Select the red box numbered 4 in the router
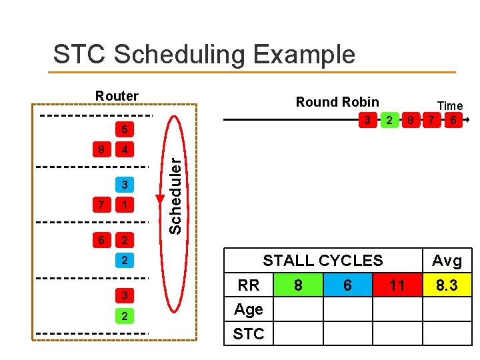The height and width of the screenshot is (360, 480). [x=125, y=149]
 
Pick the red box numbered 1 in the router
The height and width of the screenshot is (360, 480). [x=125, y=204]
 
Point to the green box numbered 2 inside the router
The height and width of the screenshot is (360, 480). [x=125, y=315]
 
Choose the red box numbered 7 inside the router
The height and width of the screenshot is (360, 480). [x=100, y=204]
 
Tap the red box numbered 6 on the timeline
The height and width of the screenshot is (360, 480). [x=453, y=121]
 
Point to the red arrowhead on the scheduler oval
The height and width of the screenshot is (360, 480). [x=160, y=199]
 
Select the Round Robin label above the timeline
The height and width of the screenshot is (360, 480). [x=337, y=102]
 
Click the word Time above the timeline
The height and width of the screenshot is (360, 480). [x=449, y=106]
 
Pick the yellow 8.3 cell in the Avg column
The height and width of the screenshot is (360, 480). [x=447, y=285]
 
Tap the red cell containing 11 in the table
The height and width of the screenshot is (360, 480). [x=397, y=285]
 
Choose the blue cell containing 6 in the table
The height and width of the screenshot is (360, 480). [x=347, y=285]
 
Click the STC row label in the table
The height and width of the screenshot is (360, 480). [x=249, y=334]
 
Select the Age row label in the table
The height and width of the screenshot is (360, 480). [x=249, y=309]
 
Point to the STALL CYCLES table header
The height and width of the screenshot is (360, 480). [x=323, y=261]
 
